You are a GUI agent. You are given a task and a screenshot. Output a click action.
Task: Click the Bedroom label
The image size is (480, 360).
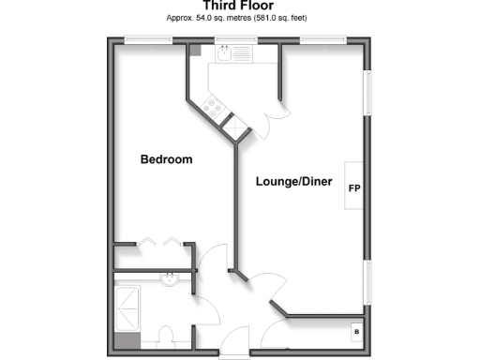point(166,159)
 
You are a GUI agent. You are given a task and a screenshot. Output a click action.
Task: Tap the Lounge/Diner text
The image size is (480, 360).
point(294,181)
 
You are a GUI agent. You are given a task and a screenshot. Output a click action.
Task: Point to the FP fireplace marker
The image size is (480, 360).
point(354,188)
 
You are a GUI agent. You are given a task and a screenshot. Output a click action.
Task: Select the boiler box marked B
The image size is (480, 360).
point(355,332)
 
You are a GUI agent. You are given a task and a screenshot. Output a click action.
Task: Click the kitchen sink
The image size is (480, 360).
point(226,54)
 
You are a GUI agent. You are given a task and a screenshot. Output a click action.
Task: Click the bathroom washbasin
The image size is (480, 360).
point(171,278)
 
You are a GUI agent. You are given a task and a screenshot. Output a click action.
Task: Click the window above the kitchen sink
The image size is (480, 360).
point(226,39)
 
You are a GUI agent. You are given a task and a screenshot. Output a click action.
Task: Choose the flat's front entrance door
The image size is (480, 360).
point(234,354)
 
